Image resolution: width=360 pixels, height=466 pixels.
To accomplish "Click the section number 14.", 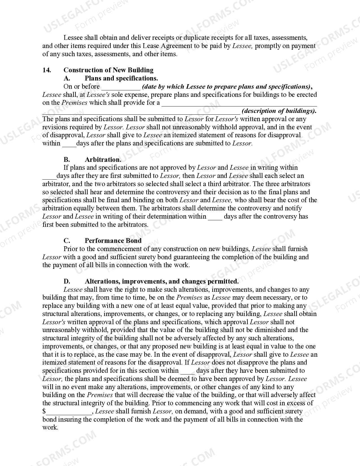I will pos(47,70).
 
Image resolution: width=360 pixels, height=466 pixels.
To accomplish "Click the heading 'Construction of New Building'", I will pos(108,70).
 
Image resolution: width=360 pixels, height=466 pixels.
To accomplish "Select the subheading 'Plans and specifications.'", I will pos(121,78).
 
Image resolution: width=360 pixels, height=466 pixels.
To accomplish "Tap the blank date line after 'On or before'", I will pos(121,87).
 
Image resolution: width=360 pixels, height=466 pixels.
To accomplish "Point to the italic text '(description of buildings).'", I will pos(279,111).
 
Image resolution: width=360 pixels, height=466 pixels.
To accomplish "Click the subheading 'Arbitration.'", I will pos(103,160).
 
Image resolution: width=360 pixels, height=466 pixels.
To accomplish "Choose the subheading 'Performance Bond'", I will pos(113,241).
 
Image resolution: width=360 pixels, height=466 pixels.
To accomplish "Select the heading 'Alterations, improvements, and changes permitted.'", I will pos(162,281).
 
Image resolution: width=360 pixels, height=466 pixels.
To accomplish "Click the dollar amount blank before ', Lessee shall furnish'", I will pos(69,412).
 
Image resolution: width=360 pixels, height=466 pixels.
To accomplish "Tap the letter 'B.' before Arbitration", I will pos(67,160).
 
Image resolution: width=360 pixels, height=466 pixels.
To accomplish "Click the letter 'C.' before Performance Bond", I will pos(67,241).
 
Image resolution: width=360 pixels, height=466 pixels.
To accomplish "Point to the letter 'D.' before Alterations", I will pos(67,281).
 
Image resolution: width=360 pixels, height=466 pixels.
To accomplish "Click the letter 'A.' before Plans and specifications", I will pos(67,78).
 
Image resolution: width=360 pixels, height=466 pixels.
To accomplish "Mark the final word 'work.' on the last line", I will pos(50,427).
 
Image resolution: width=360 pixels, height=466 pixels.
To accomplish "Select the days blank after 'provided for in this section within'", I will pos(187,371).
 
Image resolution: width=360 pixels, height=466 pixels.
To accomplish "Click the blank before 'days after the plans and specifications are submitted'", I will pos(69,144).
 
